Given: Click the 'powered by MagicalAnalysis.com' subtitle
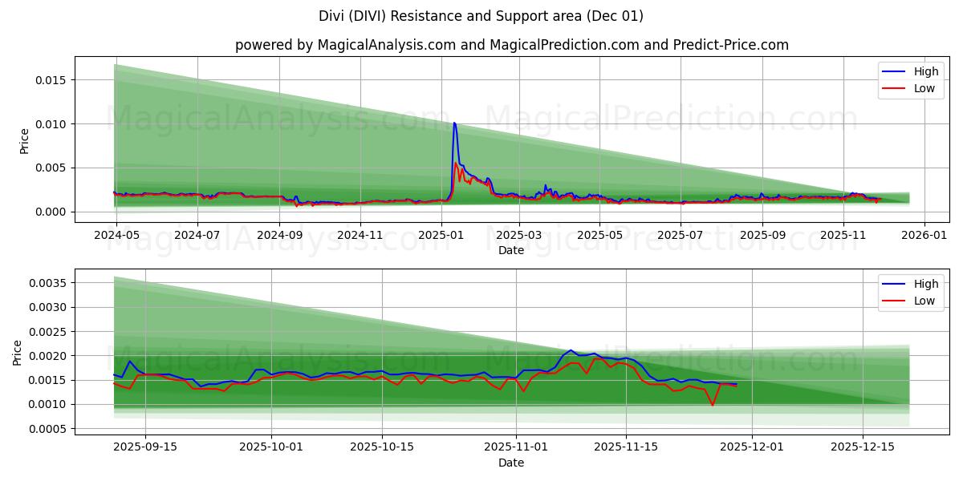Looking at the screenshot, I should [511, 45].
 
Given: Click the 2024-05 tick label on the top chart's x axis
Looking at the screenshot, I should [116, 236].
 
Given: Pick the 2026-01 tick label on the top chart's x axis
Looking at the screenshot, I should [924, 236].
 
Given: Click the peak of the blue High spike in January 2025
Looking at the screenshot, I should [454, 123].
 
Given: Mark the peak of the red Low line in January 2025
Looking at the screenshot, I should [456, 163].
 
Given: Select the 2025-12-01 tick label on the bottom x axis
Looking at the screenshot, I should [751, 447].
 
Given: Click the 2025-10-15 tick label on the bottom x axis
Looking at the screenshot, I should [382, 447].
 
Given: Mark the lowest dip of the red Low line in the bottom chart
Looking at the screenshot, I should [712, 405].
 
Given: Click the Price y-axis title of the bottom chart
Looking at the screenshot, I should [18, 352].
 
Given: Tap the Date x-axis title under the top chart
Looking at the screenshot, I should [511, 250].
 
